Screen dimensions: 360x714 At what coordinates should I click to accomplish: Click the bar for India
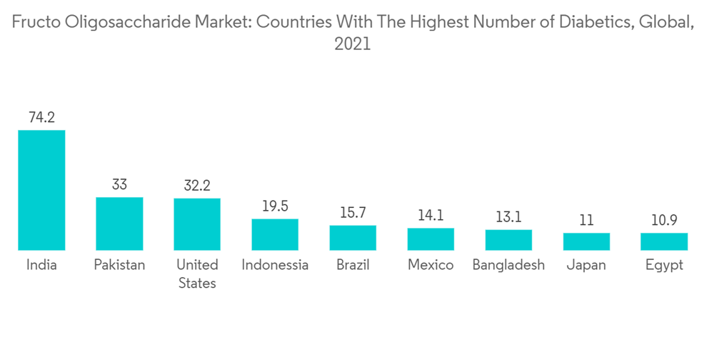41,190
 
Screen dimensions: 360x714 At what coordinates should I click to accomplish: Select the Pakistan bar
119,224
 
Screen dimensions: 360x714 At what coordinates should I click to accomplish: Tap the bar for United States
197,224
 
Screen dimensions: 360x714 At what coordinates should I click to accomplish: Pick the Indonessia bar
275,234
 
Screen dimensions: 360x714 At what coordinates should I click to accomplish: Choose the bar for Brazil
353,238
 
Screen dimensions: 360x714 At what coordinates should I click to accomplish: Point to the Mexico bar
431,239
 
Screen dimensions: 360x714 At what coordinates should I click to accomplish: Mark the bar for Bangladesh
508,240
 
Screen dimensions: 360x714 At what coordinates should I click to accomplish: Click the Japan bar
586,241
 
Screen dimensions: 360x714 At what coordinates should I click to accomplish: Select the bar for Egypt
664,241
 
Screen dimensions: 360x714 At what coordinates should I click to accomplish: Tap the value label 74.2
41,117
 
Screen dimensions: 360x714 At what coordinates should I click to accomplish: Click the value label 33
119,185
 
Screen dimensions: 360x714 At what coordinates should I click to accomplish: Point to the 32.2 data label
197,186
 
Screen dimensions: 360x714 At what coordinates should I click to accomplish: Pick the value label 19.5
275,206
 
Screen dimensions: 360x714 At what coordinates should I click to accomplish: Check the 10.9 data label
664,220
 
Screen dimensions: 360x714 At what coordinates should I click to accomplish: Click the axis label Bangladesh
508,265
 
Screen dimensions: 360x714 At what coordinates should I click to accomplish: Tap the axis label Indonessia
275,265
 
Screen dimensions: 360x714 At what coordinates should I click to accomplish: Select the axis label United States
197,274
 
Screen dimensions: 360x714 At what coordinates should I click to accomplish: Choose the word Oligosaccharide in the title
126,21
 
